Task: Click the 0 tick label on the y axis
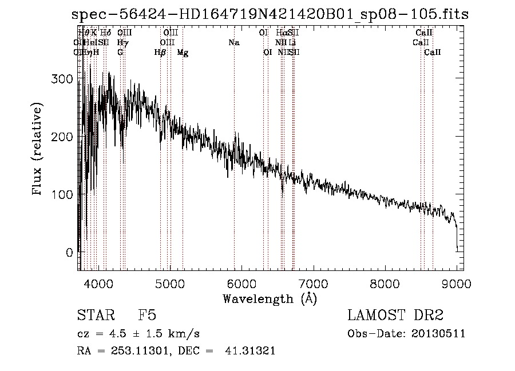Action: click(69, 253)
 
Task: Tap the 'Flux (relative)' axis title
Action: click(38, 150)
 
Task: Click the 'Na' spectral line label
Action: click(233, 42)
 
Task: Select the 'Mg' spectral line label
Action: click(183, 53)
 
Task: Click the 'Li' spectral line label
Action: click(292, 42)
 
